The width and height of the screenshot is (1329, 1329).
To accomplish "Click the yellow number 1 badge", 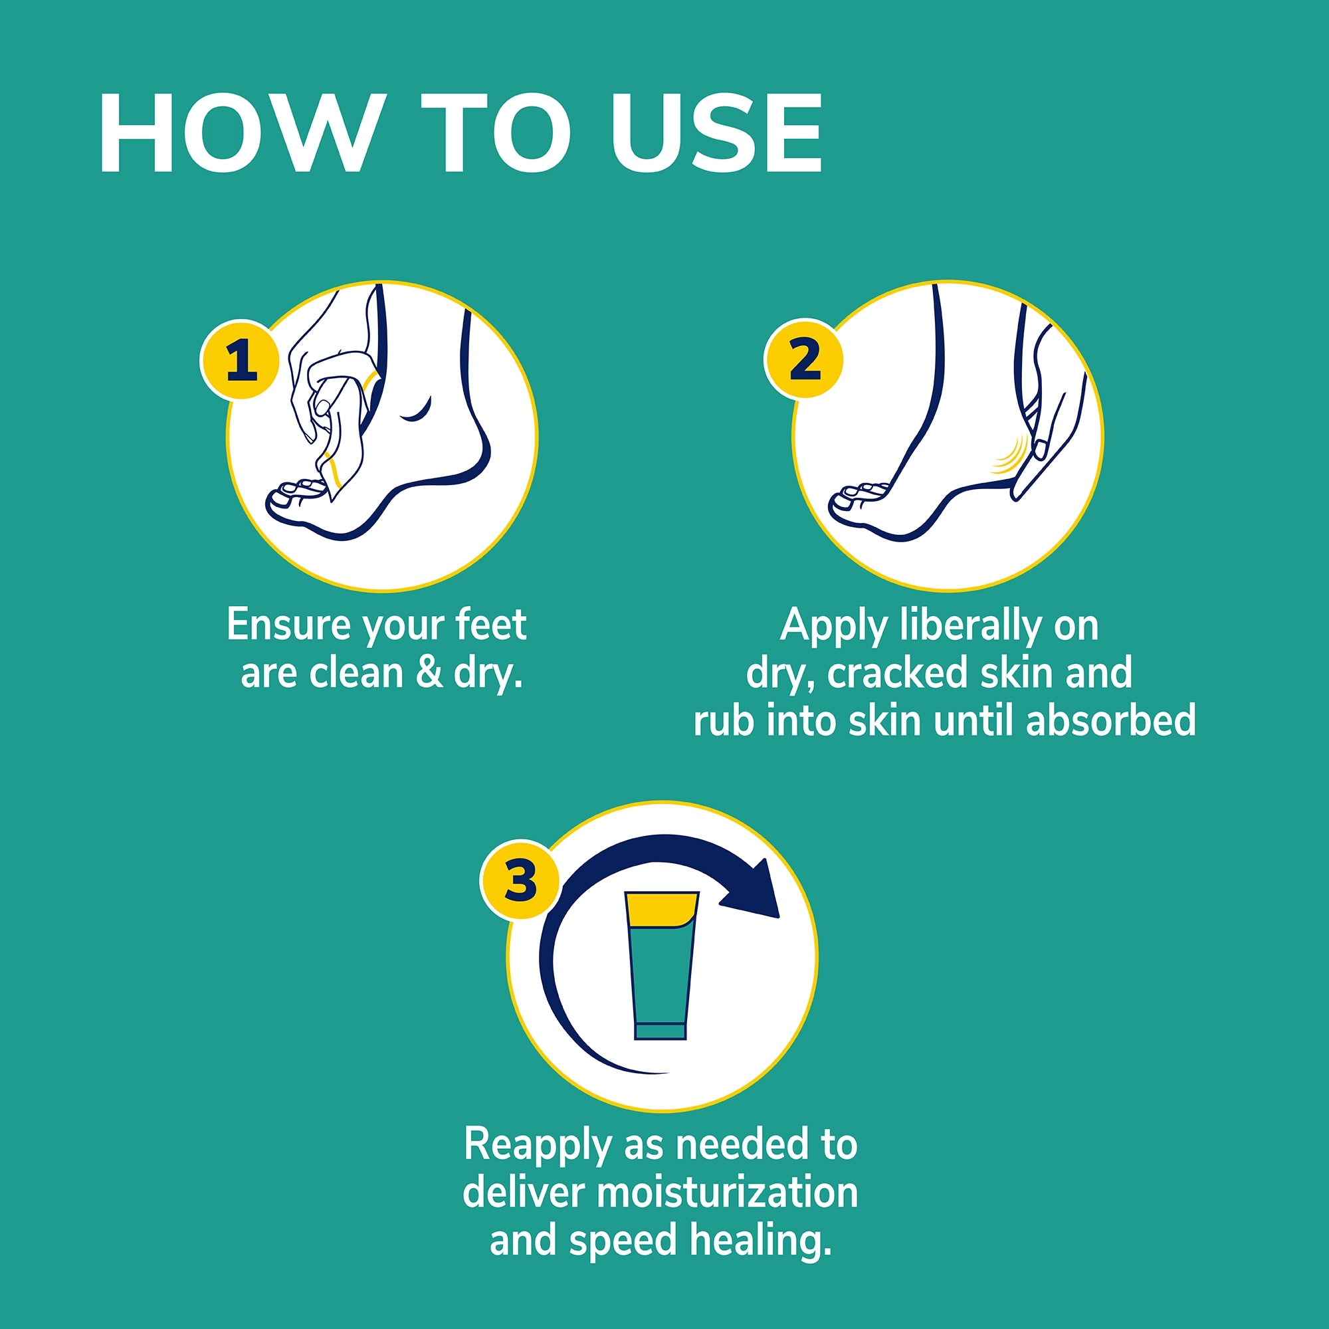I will [x=240, y=359].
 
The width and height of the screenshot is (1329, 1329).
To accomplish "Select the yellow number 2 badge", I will [x=804, y=358].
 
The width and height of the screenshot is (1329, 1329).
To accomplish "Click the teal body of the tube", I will [x=661, y=977].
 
